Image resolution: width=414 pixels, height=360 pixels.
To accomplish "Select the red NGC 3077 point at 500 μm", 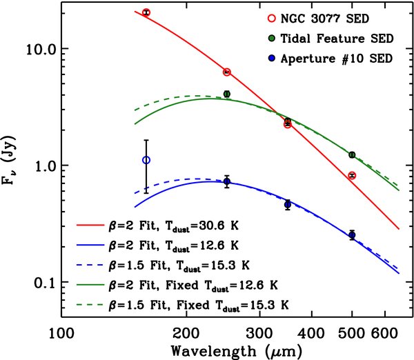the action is pyautogui.click(x=352, y=175).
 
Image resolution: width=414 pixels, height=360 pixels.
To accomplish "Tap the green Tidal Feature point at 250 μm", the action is pyautogui.click(x=227, y=94).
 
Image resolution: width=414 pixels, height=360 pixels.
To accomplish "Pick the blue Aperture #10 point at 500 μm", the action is pyautogui.click(x=352, y=235).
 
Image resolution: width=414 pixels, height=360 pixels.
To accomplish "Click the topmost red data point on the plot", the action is pyautogui.click(x=146, y=12).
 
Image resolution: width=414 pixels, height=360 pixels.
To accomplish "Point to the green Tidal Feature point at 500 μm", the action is pyautogui.click(x=352, y=154).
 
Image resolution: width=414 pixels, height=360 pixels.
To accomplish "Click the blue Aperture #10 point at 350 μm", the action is pyautogui.click(x=288, y=205).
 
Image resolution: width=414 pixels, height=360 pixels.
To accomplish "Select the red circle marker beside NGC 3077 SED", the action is pyautogui.click(x=271, y=19).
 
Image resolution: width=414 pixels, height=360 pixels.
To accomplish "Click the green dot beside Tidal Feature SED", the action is pyautogui.click(x=271, y=39).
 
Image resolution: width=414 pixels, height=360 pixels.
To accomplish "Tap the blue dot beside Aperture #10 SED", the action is pyautogui.click(x=271, y=59).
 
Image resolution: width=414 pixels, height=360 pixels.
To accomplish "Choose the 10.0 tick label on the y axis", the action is pyautogui.click(x=40, y=50).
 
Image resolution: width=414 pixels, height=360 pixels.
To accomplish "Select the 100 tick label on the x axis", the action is pyautogui.click(x=61, y=334).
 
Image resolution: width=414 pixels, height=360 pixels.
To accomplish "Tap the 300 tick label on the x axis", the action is pyautogui.click(x=259, y=334).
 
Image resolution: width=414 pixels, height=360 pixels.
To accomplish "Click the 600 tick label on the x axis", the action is pyautogui.click(x=385, y=334).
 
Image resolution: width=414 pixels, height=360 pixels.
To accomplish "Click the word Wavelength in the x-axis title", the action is pyautogui.click(x=214, y=351).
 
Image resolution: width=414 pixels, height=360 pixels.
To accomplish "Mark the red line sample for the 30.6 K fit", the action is pyautogui.click(x=90, y=225).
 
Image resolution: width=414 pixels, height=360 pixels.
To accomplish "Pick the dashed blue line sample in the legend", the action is pyautogui.click(x=90, y=265).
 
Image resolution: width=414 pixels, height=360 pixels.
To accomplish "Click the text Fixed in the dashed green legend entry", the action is pyautogui.click(x=193, y=305).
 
